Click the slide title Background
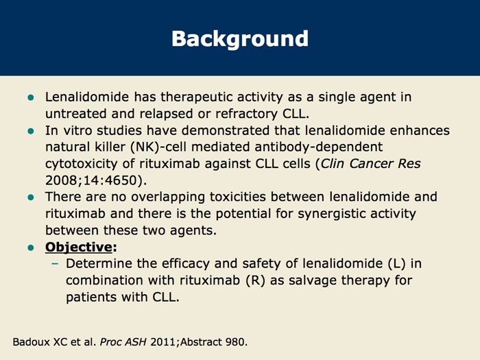(x=240, y=39)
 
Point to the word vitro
(x=77, y=131)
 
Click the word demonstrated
(x=226, y=131)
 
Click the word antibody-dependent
(x=319, y=147)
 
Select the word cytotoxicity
(x=81, y=164)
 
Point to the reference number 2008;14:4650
(x=91, y=180)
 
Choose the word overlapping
(x=168, y=197)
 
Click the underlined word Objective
(x=79, y=248)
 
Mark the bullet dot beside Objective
(x=31, y=248)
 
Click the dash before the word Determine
(x=55, y=263)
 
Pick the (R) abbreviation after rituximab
(x=256, y=280)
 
